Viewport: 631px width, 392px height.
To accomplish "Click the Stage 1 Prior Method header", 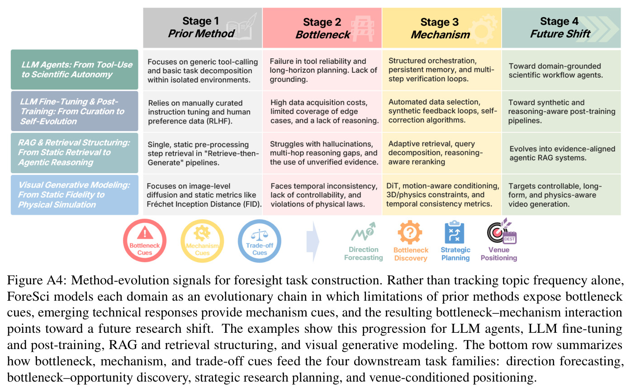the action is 202,28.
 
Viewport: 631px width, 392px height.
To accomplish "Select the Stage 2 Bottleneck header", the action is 322,28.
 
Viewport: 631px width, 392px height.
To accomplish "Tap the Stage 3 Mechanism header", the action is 441,28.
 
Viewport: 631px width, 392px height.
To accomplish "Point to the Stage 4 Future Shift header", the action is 561,28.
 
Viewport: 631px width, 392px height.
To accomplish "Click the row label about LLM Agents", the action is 74,70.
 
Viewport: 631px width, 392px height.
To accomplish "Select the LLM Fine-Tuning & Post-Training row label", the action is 74,111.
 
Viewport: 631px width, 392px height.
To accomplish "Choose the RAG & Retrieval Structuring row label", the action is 74,153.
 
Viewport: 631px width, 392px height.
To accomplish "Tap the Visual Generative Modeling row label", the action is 74,195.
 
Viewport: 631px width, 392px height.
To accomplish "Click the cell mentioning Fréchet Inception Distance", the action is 203,195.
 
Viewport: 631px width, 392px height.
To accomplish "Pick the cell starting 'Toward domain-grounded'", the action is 561,71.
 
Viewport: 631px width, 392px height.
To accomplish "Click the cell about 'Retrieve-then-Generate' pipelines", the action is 203,153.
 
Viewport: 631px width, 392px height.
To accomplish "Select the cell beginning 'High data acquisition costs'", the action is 322,111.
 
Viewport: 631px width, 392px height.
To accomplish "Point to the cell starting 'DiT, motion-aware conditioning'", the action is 441,195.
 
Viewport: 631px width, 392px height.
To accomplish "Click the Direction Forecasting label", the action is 363,254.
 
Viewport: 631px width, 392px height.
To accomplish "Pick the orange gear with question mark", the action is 410,232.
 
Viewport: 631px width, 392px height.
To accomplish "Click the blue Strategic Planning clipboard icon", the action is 455,232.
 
